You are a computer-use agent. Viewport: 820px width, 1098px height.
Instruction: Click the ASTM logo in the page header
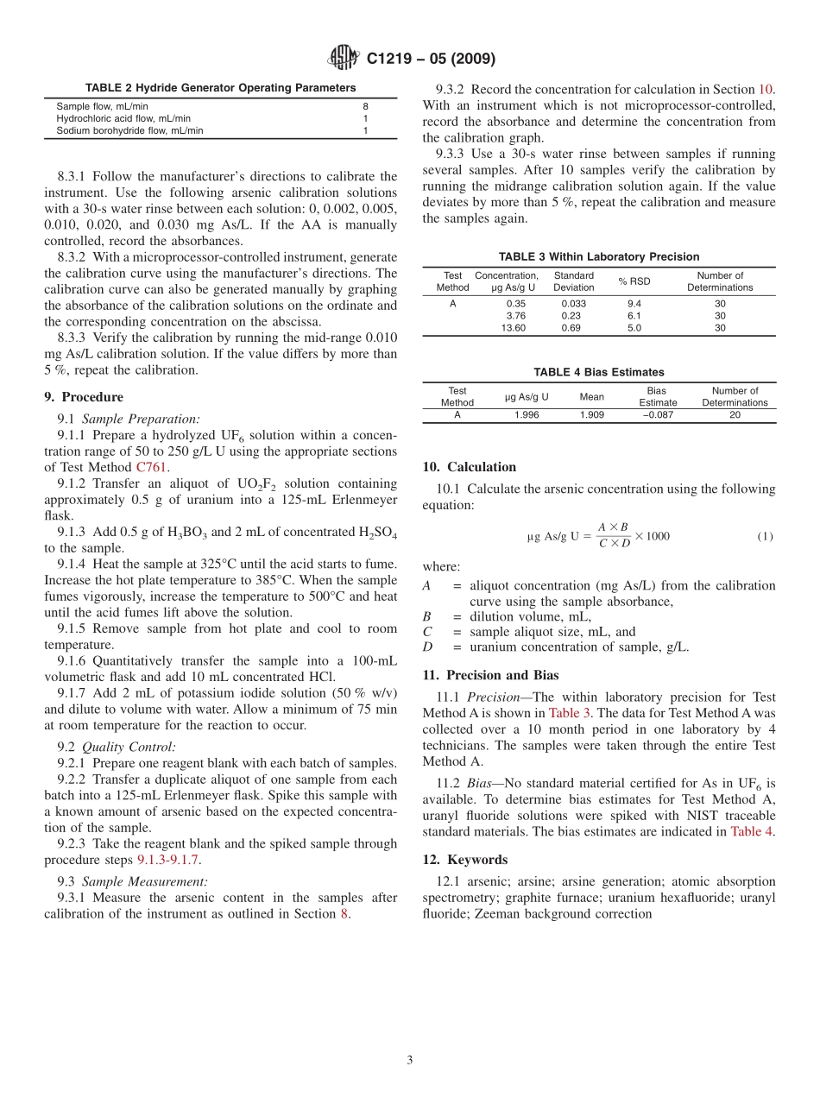344,58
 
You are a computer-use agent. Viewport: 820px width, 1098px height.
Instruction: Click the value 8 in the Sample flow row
365,106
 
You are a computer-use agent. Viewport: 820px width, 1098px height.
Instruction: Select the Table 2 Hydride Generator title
220,88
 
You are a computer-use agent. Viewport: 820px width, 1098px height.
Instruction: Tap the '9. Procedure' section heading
84,397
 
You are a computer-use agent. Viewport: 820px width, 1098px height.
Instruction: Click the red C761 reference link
152,467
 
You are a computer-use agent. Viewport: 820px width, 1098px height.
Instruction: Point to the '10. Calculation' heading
470,467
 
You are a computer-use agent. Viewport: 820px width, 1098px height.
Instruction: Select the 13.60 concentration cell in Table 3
513,328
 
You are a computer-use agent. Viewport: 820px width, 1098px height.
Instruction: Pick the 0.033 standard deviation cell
573,304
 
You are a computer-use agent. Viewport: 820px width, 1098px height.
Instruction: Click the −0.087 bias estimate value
658,414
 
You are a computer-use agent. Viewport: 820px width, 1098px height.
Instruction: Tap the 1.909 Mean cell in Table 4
591,414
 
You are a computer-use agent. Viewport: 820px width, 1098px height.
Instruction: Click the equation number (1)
765,536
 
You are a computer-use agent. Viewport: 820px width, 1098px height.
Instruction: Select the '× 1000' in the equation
652,536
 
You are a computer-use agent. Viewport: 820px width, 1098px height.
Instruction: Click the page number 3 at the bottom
410,1060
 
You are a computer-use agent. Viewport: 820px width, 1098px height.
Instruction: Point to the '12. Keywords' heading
465,860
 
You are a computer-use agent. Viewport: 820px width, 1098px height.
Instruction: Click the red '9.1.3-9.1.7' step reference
168,860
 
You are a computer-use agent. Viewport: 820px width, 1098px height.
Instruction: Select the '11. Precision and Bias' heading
490,675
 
